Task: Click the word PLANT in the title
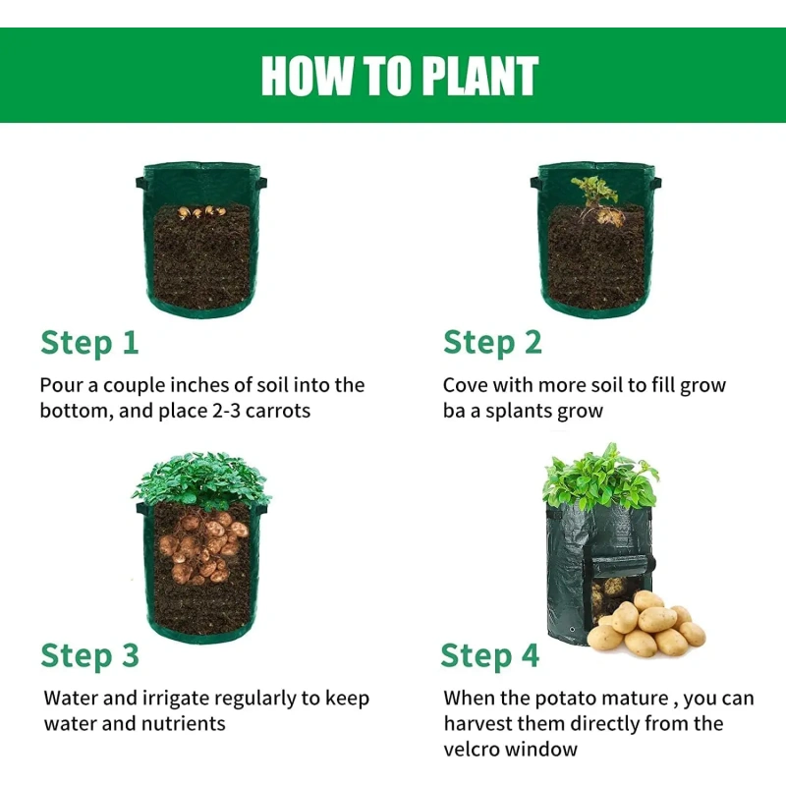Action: pyautogui.click(x=479, y=76)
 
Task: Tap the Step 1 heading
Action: pyautogui.click(x=89, y=343)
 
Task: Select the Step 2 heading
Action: pyautogui.click(x=493, y=343)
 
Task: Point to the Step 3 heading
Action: pyautogui.click(x=89, y=656)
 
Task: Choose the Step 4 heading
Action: pyautogui.click(x=490, y=656)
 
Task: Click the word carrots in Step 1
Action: pyautogui.click(x=278, y=411)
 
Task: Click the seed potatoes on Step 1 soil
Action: pyautogui.click(x=201, y=212)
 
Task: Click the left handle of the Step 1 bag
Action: pyautogui.click(x=140, y=183)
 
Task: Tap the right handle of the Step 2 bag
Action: pyautogui.click(x=655, y=183)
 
